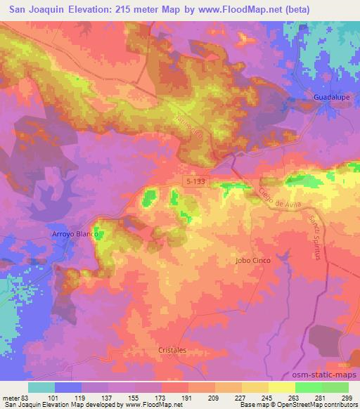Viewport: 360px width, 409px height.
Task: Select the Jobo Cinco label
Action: point(251,260)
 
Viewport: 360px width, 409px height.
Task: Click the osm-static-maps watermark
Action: point(323,375)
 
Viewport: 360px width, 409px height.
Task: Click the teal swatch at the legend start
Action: point(41,387)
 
